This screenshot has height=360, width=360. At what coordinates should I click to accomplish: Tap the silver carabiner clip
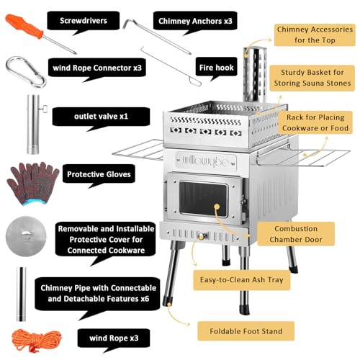click(x=24, y=71)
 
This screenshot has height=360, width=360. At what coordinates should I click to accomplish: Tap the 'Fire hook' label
click(x=216, y=68)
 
